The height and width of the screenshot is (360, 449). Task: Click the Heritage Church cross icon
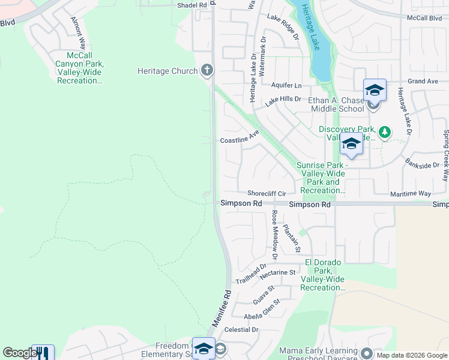point(207,71)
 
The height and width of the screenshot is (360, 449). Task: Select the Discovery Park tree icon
point(384,132)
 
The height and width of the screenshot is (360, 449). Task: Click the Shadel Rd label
point(191,5)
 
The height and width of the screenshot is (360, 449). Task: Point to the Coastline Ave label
point(239,140)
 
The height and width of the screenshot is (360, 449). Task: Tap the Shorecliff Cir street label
point(267,194)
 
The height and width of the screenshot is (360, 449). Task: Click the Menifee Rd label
point(221,308)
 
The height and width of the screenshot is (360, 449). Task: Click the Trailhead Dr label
point(251,274)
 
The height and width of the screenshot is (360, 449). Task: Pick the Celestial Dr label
point(241,330)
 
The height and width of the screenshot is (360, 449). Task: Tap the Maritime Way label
point(412,194)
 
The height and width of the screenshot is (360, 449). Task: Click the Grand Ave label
point(423,81)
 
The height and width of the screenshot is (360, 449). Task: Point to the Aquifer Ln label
point(286,86)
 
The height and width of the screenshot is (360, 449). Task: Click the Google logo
point(20,353)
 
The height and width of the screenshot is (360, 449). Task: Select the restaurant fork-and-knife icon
point(43,353)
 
